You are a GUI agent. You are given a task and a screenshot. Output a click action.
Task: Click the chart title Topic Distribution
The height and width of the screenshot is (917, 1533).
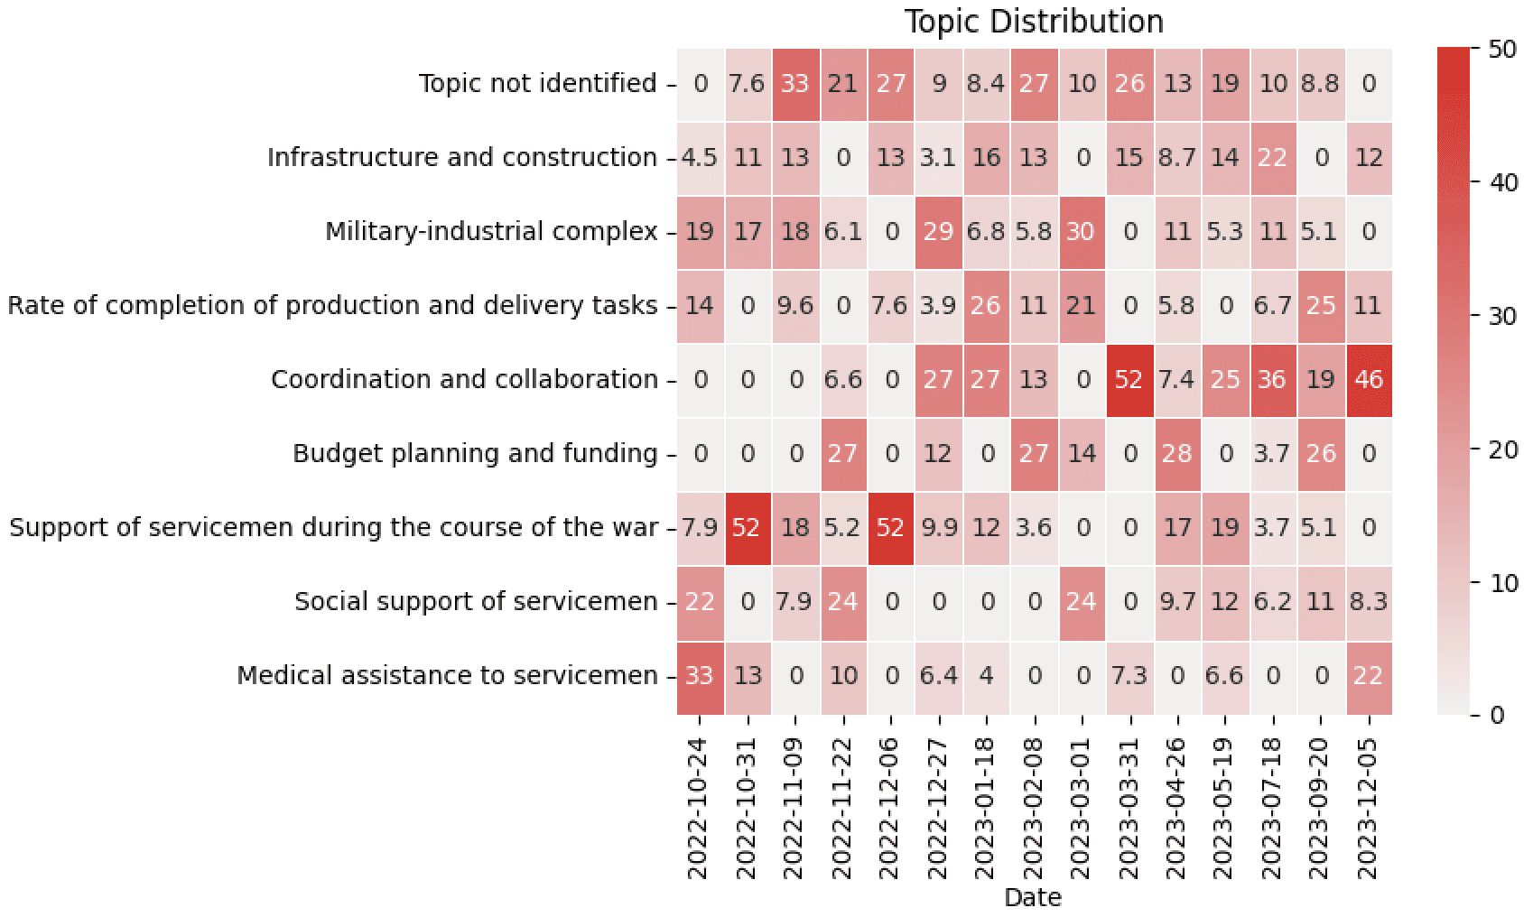(1034, 21)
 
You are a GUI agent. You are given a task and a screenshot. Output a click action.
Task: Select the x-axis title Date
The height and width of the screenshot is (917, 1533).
(1033, 897)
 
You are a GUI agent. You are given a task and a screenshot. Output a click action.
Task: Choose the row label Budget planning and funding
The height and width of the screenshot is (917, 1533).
(475, 453)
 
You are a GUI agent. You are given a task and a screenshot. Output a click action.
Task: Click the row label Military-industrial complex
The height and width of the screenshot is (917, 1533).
(491, 232)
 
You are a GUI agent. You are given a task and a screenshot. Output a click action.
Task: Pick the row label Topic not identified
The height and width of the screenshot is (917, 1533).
(538, 84)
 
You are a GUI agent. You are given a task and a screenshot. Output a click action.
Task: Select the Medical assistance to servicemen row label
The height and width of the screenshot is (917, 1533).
(447, 675)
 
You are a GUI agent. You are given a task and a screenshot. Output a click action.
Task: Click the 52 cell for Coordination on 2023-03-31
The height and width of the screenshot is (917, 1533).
(1129, 380)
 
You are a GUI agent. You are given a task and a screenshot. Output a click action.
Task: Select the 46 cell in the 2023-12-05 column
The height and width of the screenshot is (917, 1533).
(1369, 380)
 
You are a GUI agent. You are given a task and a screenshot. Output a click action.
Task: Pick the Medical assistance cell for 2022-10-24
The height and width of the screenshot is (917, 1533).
(700, 676)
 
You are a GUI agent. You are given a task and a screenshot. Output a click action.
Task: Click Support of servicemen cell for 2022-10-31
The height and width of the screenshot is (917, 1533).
(747, 528)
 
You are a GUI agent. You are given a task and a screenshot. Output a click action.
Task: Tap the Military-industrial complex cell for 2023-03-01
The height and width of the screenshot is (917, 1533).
(1082, 232)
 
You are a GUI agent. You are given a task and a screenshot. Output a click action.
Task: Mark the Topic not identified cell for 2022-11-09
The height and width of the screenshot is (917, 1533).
(794, 84)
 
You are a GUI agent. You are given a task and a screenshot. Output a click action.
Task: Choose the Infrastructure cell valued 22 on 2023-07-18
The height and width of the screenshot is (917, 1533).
(1273, 158)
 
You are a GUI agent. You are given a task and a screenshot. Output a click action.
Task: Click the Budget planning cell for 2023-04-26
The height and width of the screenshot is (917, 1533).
(1177, 454)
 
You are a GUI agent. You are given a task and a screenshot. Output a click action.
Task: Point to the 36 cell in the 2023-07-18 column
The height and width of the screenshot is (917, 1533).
(1273, 380)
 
